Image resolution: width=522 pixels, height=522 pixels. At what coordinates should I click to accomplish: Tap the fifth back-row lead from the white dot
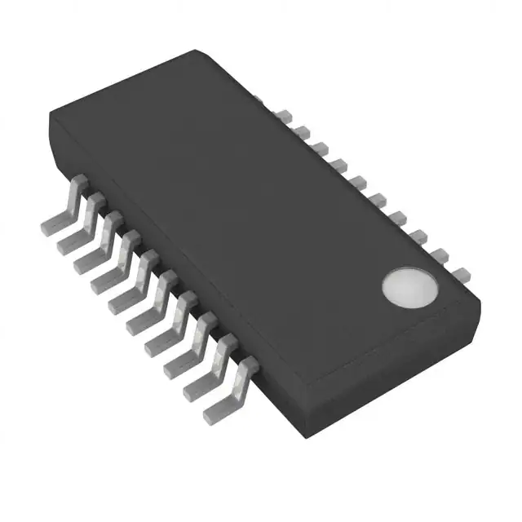click(378, 198)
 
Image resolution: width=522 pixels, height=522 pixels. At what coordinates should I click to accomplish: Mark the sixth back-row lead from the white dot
click(359, 180)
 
